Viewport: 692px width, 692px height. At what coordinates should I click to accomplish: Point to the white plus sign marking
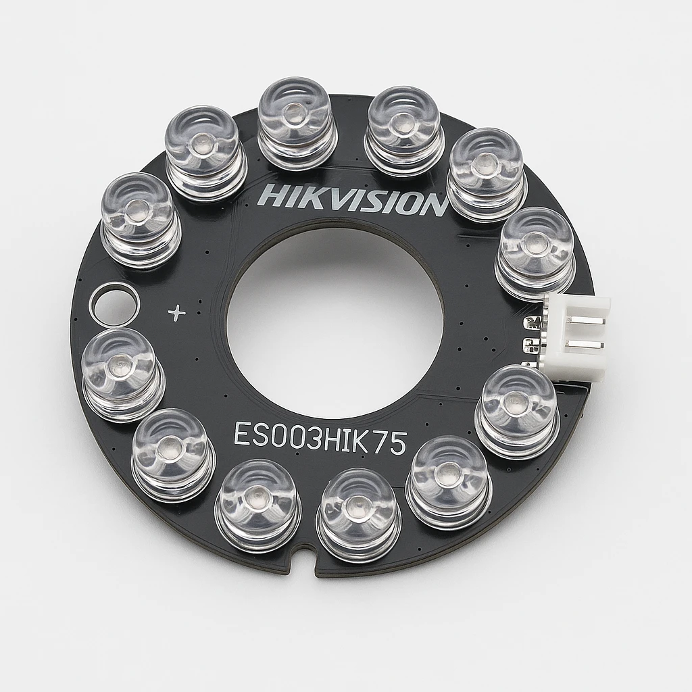[x=178, y=312]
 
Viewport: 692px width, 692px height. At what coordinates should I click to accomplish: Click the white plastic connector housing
[x=578, y=336]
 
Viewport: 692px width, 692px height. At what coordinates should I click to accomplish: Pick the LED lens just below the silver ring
[x=122, y=374]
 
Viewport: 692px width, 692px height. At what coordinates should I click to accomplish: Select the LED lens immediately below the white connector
[x=518, y=410]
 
